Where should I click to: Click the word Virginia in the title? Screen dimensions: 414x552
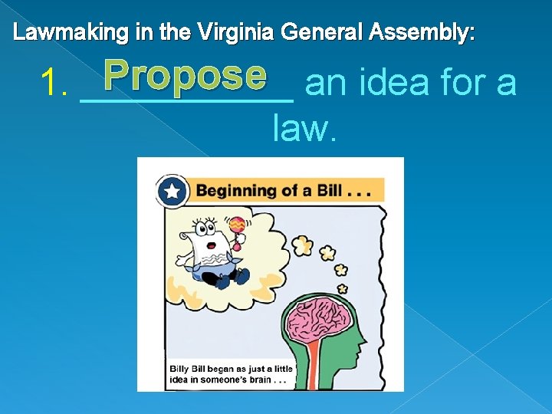[x=236, y=32]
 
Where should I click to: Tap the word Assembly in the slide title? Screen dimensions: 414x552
[x=422, y=32]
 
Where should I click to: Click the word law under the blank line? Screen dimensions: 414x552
[x=303, y=129]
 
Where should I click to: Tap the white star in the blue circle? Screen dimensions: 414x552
[x=172, y=191]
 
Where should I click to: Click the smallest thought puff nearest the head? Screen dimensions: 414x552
[x=342, y=289]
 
